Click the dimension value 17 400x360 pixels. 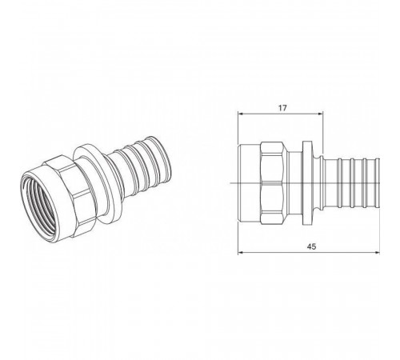[x=282, y=108]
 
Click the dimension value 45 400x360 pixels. [x=311, y=246]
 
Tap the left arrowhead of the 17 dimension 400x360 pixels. [x=240, y=114]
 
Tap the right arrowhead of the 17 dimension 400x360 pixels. [x=321, y=114]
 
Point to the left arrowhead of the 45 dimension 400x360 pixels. [x=240, y=252]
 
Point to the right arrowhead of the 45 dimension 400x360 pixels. [x=377, y=252]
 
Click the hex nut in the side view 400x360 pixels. [x=271, y=182]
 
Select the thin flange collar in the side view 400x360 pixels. [x=307, y=182]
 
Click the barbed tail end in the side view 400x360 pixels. [x=352, y=182]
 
